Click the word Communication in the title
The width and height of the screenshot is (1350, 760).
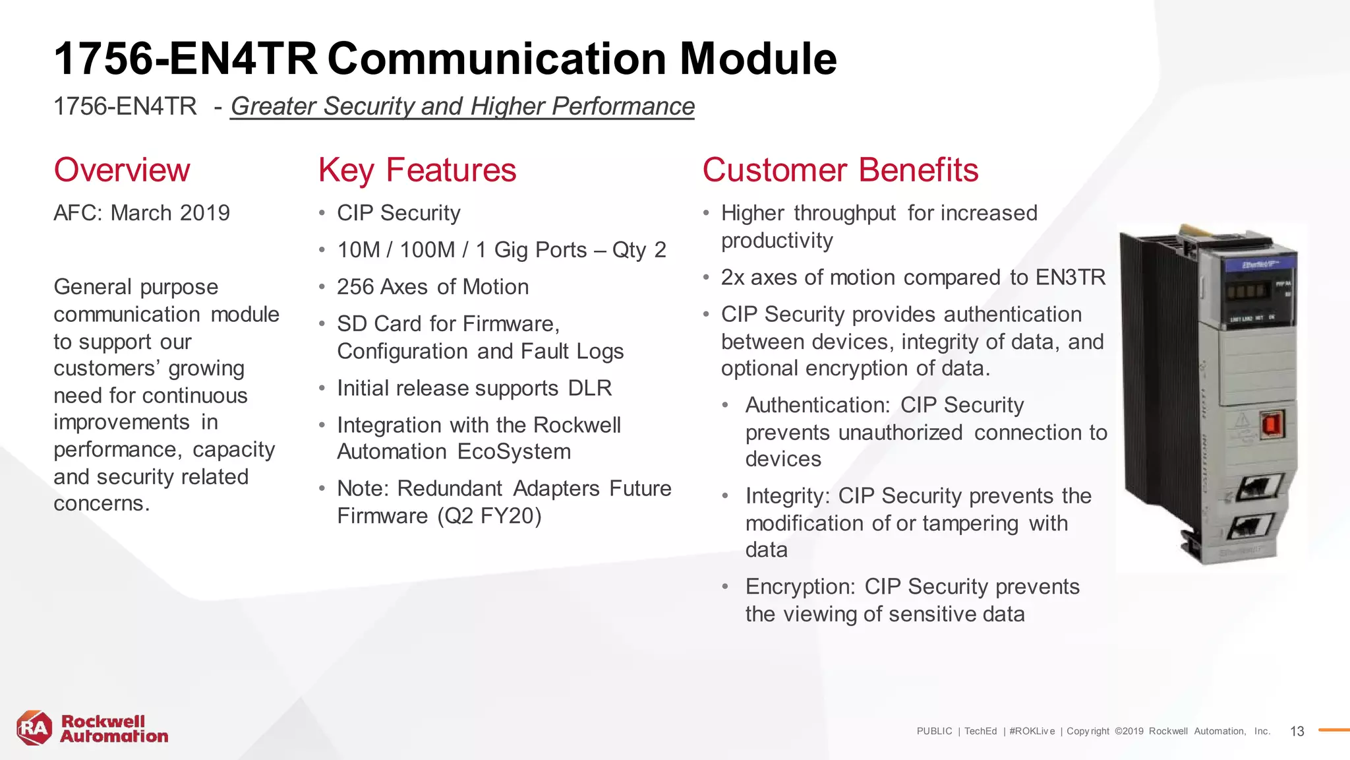[496, 59]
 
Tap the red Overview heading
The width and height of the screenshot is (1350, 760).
[122, 170]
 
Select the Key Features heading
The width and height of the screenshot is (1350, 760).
[417, 170]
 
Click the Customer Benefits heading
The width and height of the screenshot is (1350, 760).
[840, 170]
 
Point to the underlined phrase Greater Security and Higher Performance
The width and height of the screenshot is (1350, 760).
[462, 106]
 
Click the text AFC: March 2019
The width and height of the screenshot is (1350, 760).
[142, 213]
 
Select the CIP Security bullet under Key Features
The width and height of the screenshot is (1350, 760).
[398, 213]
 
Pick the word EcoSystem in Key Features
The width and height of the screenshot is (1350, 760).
[514, 452]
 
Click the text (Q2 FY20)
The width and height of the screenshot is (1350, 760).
[490, 516]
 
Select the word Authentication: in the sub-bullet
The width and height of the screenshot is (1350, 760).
[818, 405]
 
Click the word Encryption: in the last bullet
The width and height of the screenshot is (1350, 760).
[800, 587]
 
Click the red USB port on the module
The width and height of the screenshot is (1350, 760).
[1270, 426]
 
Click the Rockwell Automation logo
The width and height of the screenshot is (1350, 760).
[92, 729]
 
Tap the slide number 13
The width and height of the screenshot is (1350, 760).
[1297, 732]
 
